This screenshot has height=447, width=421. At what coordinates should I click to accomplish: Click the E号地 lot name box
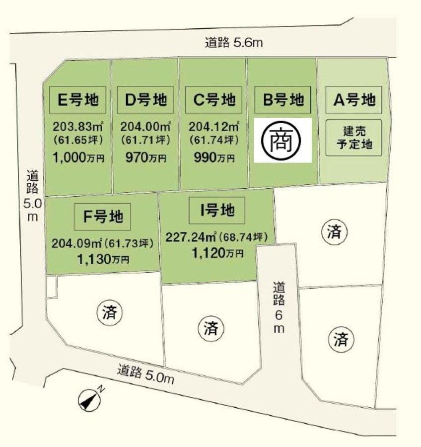coord(77,100)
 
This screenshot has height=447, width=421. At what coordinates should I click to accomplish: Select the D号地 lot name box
coord(145,100)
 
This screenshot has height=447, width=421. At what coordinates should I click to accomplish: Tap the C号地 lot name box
coord(213,100)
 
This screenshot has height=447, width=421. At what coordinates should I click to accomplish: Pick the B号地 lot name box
coord(282,100)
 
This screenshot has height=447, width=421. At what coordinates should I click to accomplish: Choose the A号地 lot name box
coord(353,100)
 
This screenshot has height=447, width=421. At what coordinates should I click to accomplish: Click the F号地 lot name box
coord(103,216)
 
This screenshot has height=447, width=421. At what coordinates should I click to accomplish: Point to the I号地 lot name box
coord(217,211)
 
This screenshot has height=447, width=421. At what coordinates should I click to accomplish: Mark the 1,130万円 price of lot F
coord(103,258)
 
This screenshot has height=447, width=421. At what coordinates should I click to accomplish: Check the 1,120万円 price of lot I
coord(217,253)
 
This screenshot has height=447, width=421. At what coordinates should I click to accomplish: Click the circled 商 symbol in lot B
coord(282,141)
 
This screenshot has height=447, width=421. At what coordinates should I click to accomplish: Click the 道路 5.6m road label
coord(233,43)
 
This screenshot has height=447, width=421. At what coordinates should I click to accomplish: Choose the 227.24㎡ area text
coord(191,238)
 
